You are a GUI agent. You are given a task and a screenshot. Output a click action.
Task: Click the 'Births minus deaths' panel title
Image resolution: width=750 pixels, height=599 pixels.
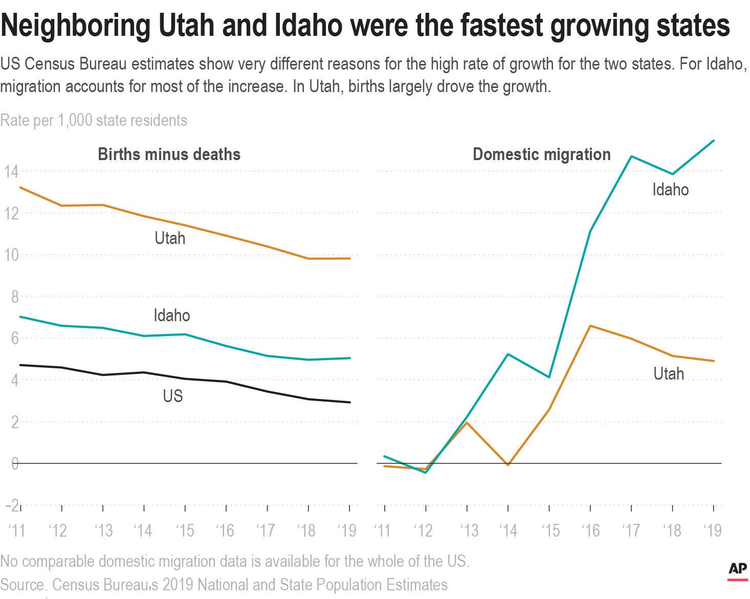169,154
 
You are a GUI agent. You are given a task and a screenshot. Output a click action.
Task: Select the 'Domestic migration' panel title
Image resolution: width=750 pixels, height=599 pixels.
541,154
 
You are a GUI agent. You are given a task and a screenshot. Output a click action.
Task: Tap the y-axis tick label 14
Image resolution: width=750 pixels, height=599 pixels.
11,172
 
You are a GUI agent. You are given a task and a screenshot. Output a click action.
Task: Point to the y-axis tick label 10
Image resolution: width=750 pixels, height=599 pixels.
11,255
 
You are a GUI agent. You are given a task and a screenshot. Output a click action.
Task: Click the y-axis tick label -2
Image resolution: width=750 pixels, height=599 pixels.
12,505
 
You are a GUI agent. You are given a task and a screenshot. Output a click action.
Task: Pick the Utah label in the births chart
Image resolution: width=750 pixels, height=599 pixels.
170,238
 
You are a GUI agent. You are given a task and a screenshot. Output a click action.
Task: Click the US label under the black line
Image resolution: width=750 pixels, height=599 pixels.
172,396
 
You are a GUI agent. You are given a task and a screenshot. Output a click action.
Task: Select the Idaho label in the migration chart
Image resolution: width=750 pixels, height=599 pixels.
670,190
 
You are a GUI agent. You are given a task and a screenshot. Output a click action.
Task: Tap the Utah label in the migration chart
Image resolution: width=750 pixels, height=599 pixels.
668,374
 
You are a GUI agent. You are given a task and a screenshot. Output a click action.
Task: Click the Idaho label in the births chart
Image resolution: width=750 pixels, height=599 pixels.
171,316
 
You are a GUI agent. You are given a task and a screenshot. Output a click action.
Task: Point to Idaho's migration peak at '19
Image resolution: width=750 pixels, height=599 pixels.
714,141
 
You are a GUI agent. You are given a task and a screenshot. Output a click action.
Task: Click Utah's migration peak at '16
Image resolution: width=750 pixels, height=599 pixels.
590,326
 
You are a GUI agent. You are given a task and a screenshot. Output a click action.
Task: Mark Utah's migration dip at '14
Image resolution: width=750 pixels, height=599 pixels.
508,465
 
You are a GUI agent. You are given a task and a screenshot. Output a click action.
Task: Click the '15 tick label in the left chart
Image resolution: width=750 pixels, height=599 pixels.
185,531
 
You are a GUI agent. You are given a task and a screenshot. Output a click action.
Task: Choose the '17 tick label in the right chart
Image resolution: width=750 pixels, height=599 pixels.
631,531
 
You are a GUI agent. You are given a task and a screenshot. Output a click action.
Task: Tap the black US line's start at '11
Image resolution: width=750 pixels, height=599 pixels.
20,365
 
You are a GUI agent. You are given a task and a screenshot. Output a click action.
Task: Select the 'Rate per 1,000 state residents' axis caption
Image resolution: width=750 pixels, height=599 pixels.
94,121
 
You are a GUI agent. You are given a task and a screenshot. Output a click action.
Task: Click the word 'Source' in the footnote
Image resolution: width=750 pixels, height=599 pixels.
22,585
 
